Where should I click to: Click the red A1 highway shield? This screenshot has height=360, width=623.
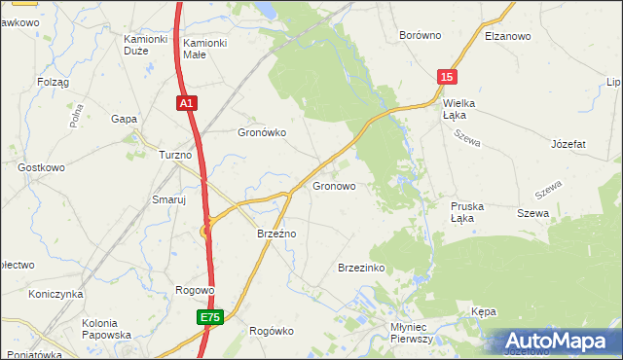(x=188, y=102)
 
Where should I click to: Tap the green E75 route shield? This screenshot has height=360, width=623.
(x=207, y=317)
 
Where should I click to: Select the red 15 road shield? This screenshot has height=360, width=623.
(x=445, y=77)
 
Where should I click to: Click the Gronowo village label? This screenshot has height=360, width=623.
(x=334, y=185)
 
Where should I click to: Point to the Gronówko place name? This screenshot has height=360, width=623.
(x=262, y=133)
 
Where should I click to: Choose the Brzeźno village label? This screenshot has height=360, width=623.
(x=276, y=234)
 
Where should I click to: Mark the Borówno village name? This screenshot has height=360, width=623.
(x=421, y=35)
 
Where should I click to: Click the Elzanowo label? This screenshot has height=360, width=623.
(x=506, y=35)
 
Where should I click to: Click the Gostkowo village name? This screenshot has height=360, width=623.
(x=41, y=167)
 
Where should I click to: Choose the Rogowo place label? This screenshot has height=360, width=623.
(x=194, y=290)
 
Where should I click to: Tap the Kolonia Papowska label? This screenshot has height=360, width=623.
(x=107, y=329)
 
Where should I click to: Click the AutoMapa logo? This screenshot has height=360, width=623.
(x=560, y=342)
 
